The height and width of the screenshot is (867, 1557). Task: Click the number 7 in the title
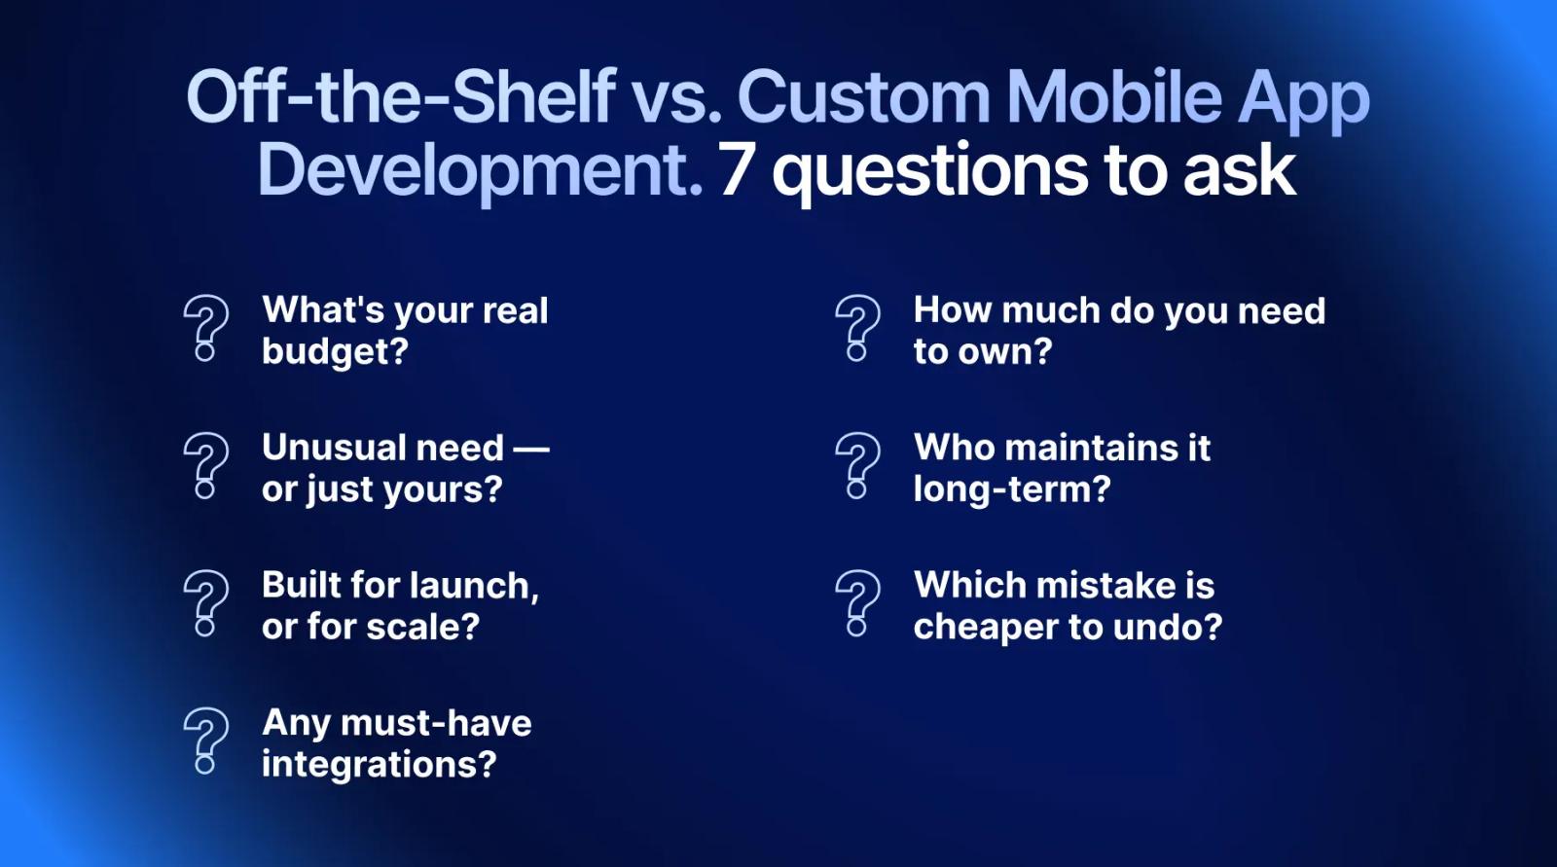[x=736, y=171]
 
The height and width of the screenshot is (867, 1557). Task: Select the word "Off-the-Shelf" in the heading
[x=401, y=96]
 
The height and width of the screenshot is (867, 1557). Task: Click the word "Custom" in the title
[x=863, y=97]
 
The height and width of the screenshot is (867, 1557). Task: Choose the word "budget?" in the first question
[x=335, y=352]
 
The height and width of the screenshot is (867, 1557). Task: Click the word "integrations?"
[x=380, y=765]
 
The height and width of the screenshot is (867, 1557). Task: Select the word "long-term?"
[x=1012, y=488]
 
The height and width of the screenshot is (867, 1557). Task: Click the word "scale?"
[x=423, y=627]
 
